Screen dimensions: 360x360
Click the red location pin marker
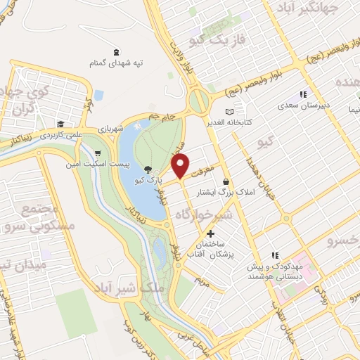tap(181, 166)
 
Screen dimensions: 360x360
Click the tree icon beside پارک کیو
tap(148, 169)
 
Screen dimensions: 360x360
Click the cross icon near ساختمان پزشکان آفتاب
tap(210, 233)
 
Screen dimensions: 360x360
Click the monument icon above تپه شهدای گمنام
tap(116, 51)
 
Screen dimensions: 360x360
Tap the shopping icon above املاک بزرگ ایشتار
tap(225, 181)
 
